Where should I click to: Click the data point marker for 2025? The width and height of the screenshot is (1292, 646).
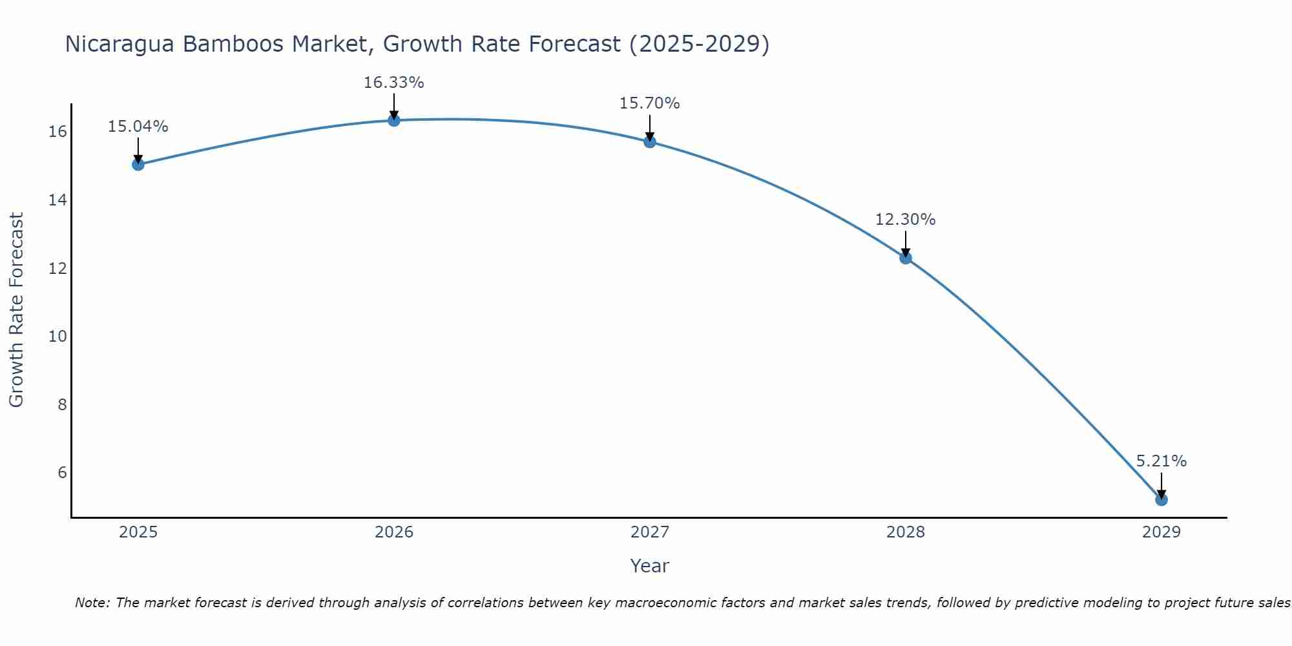[138, 164]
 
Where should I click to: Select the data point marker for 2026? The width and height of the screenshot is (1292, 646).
[394, 120]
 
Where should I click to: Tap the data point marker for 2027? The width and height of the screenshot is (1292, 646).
[650, 141]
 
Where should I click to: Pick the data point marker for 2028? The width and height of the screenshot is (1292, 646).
[906, 258]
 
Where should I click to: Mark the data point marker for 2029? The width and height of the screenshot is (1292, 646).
[1161, 499]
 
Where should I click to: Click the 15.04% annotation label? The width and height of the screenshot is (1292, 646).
[138, 127]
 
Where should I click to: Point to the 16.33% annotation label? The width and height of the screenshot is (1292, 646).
[394, 83]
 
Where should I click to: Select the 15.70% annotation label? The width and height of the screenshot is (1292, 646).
[650, 103]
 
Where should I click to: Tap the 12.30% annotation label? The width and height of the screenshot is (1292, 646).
[906, 220]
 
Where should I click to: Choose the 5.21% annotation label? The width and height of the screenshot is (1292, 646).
[1161, 461]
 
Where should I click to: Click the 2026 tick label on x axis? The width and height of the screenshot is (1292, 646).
[394, 532]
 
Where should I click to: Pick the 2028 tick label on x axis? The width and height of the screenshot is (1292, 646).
[906, 532]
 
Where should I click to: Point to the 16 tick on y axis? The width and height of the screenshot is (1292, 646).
[57, 132]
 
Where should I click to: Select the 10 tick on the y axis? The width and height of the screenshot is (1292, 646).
[57, 336]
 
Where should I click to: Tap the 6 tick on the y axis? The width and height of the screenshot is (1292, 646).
[62, 472]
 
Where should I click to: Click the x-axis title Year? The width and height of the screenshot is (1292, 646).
[650, 566]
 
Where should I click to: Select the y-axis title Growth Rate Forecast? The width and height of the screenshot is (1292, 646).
[16, 310]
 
